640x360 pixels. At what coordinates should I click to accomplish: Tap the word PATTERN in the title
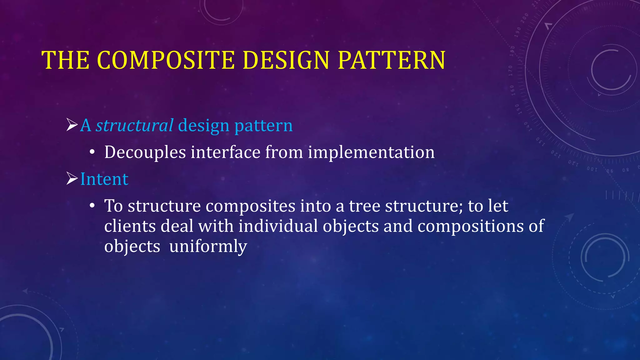392,60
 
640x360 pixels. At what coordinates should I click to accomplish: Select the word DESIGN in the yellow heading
286,60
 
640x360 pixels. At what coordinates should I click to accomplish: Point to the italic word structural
134,126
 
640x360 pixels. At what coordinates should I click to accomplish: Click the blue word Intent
104,179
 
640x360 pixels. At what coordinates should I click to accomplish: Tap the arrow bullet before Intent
72,179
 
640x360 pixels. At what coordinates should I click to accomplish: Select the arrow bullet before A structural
72,125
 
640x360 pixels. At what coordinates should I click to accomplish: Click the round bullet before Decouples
92,152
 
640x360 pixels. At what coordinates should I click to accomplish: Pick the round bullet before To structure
92,206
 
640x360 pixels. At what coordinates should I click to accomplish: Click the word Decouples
145,152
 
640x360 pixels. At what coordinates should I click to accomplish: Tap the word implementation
371,152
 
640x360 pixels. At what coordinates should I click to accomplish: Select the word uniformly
208,247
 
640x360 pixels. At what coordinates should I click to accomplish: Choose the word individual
278,226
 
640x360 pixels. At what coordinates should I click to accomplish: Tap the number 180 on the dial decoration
512,51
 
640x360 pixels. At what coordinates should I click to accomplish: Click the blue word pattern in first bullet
263,126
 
